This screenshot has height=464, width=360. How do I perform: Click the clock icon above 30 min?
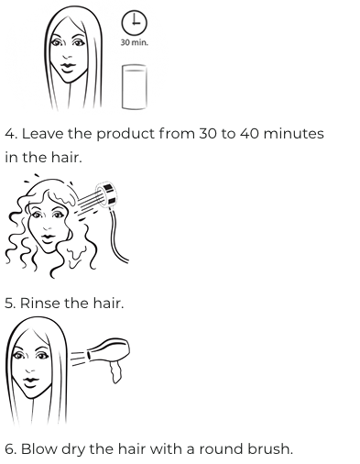pos(135,22)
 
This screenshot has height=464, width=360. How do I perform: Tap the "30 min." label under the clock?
pos(135,42)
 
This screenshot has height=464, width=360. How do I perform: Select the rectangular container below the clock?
pos(135,86)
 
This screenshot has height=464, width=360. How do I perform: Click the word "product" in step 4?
pos(125,135)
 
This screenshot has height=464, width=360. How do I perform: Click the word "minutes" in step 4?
pos(293,134)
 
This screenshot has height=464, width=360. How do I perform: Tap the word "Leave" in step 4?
pos(42,134)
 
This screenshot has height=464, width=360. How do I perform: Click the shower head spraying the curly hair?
pos(106,193)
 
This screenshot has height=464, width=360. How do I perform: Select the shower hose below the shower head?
pos(118,237)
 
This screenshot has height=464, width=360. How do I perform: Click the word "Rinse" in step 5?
pos(40,303)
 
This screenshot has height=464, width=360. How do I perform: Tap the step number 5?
pos(9,304)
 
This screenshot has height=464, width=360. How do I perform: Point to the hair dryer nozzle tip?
pos(89,356)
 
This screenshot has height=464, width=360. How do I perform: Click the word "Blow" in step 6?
pos(39,449)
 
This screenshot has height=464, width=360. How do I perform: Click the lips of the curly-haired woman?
pos(48,238)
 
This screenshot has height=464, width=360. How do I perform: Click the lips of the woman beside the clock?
pos(68,67)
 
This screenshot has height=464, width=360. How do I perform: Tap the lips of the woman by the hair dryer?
pos(31,381)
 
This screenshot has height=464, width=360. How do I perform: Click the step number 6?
pos(10,449)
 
